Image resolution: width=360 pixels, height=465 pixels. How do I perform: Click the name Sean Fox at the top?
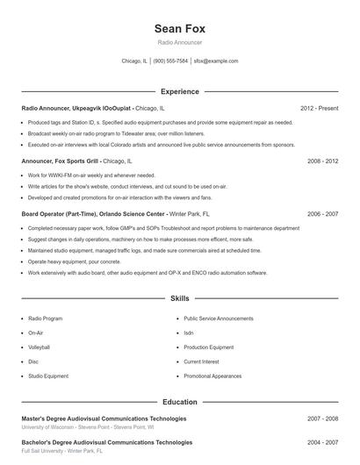(179, 29)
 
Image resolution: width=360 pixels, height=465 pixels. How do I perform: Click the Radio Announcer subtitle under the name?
(179, 42)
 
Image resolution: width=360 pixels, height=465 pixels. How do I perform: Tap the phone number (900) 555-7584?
(170, 61)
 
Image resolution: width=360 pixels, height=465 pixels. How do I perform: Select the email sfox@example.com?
(216, 61)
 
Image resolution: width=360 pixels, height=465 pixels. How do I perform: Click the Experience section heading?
(179, 91)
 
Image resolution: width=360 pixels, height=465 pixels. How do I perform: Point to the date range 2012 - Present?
(319, 108)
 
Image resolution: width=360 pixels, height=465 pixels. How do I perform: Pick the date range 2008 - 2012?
(322, 161)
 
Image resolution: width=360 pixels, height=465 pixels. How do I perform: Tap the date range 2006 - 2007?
(322, 213)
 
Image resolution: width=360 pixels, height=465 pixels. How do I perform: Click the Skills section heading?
(179, 299)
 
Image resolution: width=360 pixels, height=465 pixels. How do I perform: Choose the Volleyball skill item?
(40, 347)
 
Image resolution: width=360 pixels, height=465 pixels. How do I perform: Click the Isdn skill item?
(189, 333)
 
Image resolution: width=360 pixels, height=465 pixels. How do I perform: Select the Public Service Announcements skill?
(218, 319)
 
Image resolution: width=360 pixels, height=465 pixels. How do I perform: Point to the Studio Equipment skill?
(48, 376)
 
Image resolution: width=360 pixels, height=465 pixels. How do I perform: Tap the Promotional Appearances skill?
(212, 376)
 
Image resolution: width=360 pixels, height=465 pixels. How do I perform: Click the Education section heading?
(179, 402)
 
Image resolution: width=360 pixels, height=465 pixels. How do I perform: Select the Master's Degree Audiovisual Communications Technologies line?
(104, 418)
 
